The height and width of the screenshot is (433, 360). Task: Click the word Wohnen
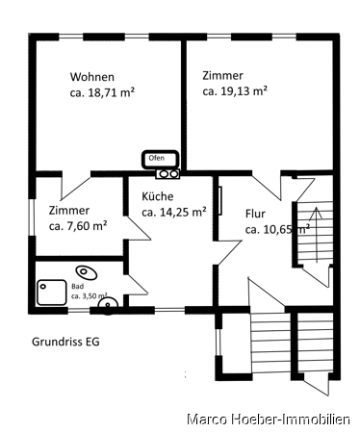click(92, 77)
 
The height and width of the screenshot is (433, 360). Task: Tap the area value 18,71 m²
click(111, 92)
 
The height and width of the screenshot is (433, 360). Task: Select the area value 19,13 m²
click(244, 91)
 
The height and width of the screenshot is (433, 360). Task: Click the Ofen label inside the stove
click(157, 158)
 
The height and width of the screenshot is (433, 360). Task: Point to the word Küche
click(158, 196)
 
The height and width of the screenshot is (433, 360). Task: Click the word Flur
click(255, 214)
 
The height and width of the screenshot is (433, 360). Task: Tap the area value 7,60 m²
click(87, 226)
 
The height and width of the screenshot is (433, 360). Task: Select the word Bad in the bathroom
click(77, 286)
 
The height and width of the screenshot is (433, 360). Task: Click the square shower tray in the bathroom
click(51, 293)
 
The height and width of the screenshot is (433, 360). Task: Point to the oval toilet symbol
click(87, 272)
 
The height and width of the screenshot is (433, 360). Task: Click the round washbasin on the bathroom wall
click(108, 305)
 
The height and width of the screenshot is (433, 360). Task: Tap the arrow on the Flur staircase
click(317, 235)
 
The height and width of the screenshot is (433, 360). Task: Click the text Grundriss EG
click(65, 342)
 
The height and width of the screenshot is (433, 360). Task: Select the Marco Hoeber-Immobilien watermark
click(269, 420)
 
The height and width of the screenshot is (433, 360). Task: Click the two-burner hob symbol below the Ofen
click(167, 174)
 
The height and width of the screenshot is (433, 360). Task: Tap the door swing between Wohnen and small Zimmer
click(76, 187)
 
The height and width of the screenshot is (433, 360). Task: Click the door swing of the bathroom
click(138, 284)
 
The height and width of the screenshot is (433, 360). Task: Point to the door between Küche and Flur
click(229, 253)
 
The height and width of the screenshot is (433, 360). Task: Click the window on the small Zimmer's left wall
click(31, 217)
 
